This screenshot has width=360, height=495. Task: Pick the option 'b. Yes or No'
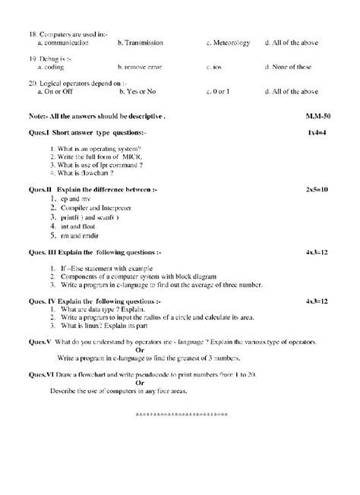(141, 92)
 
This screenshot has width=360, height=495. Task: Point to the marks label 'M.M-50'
(312, 116)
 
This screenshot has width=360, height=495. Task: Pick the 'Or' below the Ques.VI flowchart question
(140, 383)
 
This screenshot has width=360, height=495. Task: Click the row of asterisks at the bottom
(179, 415)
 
